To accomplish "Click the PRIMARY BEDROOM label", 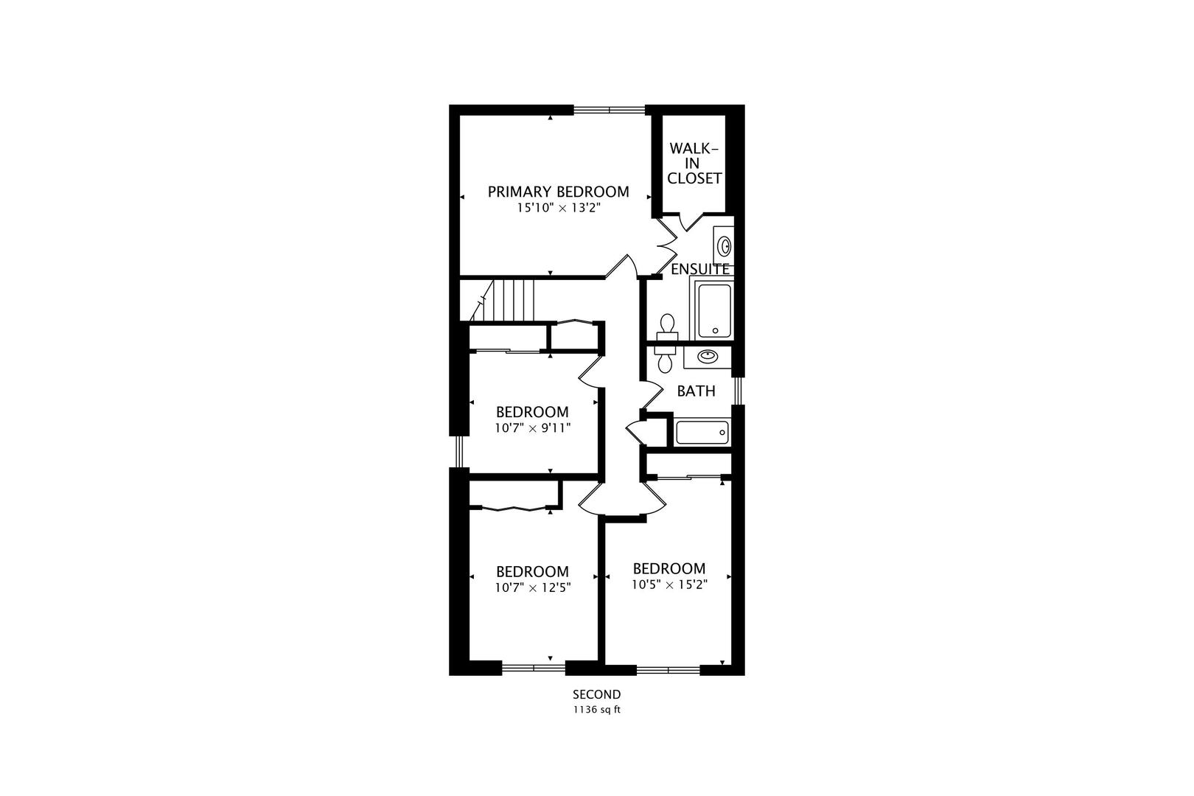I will tap(558, 192).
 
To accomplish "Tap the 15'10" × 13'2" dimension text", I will tap(558, 209).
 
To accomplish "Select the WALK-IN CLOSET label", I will tap(694, 163).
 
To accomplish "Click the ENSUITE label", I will tap(699, 269).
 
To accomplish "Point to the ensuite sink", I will tap(725, 245).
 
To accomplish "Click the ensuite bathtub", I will tap(712, 310).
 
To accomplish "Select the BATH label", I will tap(696, 391).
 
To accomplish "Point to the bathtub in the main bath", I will tap(702, 432).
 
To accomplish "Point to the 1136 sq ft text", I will tap(597, 711).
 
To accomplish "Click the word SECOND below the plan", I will tap(597, 694).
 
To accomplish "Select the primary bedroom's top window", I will tap(610, 111).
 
